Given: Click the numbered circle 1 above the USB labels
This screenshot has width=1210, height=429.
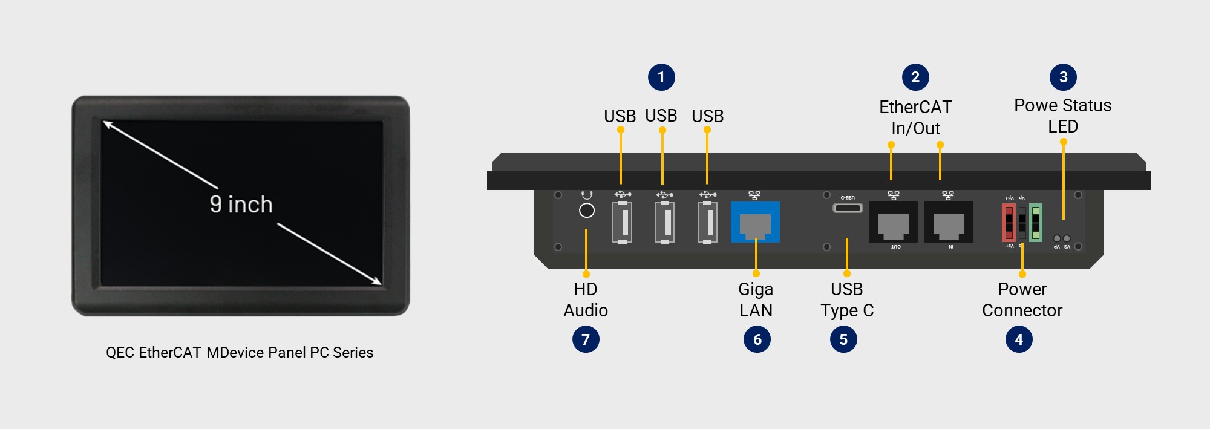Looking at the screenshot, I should pos(661,77).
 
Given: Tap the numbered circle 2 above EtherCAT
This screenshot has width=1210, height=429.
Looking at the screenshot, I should pos(915,77).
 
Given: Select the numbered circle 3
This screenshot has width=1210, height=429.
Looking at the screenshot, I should pos(1063,77).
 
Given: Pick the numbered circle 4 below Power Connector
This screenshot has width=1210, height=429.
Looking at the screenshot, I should pos(1019,339).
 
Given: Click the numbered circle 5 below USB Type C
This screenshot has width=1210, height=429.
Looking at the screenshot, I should pos(843,339).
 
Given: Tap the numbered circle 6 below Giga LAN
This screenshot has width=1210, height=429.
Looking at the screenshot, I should pos(757,339).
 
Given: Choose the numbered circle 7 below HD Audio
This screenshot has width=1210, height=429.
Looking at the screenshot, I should pos(586,339).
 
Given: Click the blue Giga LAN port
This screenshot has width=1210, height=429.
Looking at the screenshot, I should pos(755,222).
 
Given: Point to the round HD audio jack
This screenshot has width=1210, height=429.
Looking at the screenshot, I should pos(587,211).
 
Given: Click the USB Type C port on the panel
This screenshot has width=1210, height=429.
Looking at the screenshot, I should pos(848,208).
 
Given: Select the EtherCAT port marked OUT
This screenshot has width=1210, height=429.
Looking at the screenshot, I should pos(894,223).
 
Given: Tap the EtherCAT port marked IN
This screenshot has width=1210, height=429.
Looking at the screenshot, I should pos(949,223).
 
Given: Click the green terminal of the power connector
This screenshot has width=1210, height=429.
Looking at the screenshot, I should pos(1035,222).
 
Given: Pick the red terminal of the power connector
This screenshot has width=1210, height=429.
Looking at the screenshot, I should pos(1009,222).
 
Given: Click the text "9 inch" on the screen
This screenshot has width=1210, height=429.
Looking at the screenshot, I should pos(241,205).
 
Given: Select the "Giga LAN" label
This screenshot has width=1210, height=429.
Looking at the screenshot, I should pos(756,300).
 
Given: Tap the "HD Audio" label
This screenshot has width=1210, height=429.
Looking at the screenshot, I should pos(586,300).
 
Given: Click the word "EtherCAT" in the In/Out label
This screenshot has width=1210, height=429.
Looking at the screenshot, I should pos(915,107).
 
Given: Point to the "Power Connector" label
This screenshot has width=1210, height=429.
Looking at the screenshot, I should pos(1022,300).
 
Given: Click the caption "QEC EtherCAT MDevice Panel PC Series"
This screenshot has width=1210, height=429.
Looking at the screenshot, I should pos(240,352).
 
